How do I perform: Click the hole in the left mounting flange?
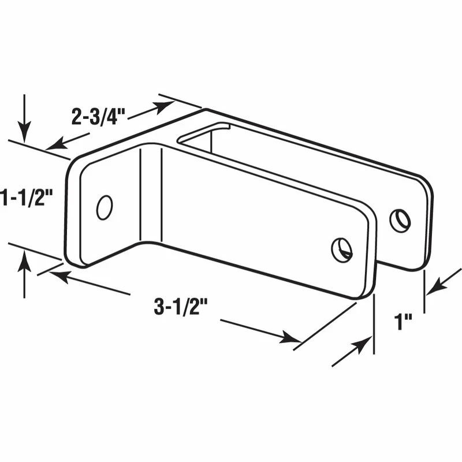coord(105,207)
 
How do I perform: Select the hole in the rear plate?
coord(400,220)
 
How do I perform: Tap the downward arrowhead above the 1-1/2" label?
coord(24,132)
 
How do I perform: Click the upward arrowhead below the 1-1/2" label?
coord(24,263)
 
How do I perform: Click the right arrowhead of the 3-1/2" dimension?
coord(291,338)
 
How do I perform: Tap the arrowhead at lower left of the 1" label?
coord(362,345)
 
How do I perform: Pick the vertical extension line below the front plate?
coord(374,323)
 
